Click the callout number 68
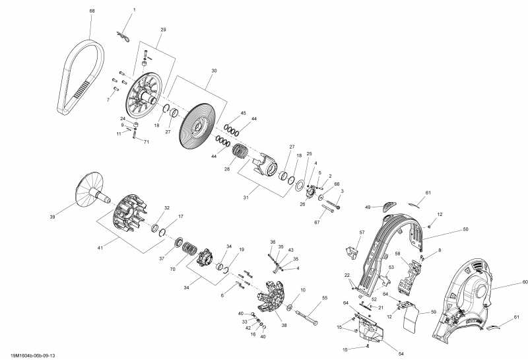pyautogui.click(x=92, y=11)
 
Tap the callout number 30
pyautogui.click(x=214, y=71)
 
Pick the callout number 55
pyautogui.click(x=325, y=298)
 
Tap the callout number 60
pyautogui.click(x=507, y=282)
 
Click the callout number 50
pyautogui.click(x=465, y=229)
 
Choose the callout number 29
pyautogui.click(x=163, y=30)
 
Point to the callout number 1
pyautogui.click(x=134, y=10)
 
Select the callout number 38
pyautogui.click(x=284, y=326)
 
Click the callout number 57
pyautogui.click(x=362, y=233)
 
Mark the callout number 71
pyautogui.click(x=147, y=142)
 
